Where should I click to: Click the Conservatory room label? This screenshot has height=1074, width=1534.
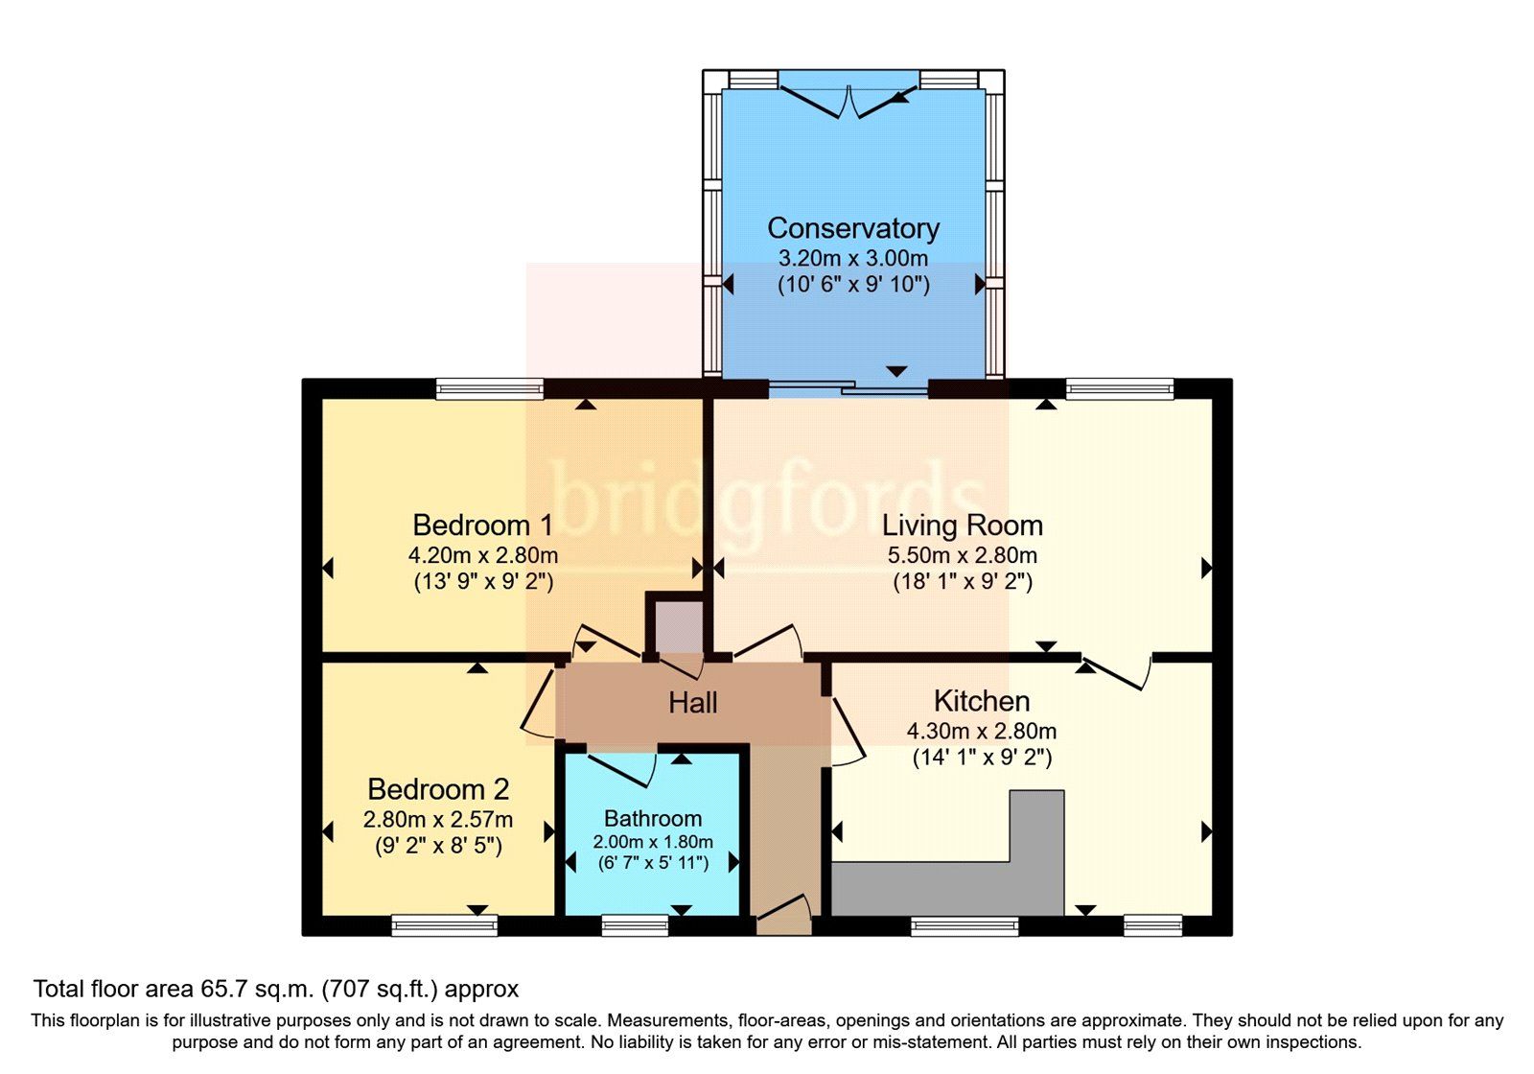[852, 228]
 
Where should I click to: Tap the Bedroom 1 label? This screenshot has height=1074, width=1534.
[482, 525]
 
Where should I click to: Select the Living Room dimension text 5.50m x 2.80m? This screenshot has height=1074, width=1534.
[962, 555]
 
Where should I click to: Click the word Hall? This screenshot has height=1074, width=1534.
[692, 703]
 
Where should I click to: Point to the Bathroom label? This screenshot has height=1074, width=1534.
[652, 818]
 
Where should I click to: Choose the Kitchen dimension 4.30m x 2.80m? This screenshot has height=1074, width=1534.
[981, 731]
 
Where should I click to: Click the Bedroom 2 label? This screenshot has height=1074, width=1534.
[438, 789]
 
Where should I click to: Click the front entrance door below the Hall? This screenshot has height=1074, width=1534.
[783, 915]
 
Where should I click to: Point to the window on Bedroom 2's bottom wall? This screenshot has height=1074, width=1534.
[444, 925]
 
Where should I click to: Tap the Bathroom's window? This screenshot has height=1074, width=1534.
[634, 925]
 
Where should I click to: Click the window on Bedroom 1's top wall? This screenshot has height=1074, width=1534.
[489, 388]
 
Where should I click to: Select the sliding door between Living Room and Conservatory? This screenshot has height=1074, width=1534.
[848, 389]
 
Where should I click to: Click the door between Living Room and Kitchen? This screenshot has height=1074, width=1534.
[1117, 669]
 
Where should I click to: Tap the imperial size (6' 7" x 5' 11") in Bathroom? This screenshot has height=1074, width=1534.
[652, 863]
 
